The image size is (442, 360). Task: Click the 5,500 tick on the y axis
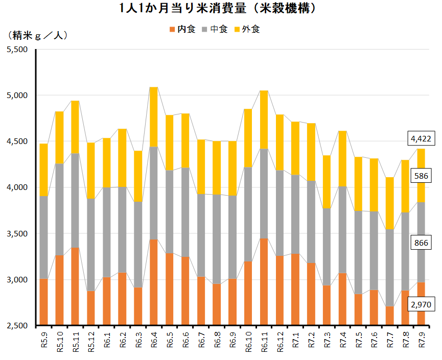(18, 50)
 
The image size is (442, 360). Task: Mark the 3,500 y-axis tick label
(18, 234)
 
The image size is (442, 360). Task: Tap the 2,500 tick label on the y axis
(18, 326)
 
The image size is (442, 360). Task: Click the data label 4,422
(421, 138)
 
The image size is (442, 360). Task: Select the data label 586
(421, 176)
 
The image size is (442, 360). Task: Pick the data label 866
(421, 243)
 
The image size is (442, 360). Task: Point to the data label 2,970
(421, 305)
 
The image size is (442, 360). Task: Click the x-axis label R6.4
(154, 340)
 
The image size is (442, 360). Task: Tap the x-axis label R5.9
(44, 340)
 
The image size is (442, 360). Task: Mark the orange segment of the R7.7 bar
(389, 316)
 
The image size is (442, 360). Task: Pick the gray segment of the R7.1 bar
(295, 214)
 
